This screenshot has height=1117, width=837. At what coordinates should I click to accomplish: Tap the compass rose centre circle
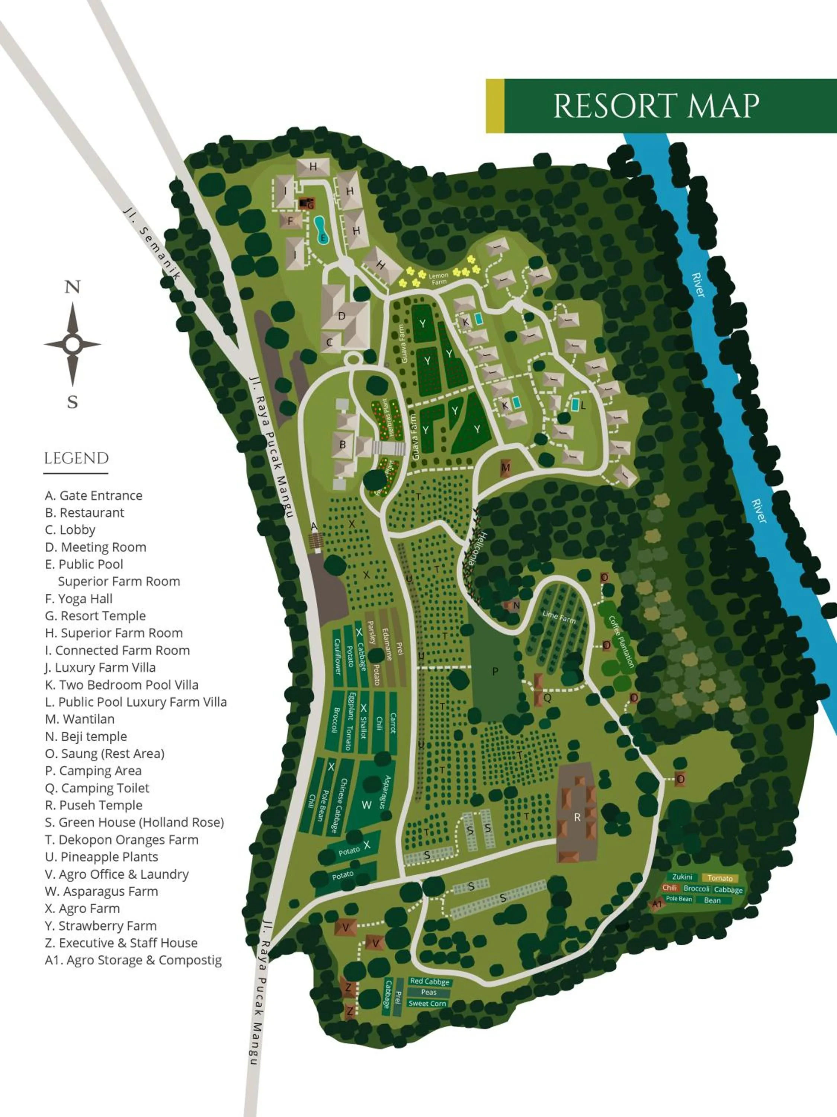(73, 344)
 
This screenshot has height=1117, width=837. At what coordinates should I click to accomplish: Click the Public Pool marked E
(321, 230)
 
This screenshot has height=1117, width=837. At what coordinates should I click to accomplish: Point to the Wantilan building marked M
(506, 468)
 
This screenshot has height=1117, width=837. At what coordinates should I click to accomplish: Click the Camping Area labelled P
(495, 671)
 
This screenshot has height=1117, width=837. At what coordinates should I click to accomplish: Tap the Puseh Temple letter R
(577, 817)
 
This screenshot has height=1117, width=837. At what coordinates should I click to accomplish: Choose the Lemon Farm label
(439, 278)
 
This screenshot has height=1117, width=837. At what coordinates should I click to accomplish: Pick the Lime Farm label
(558, 616)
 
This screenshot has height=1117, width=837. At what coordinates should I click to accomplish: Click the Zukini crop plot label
(682, 876)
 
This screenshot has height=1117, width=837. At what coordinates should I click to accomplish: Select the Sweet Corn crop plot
(427, 1003)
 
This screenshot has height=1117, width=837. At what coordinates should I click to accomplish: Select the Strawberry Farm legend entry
(100, 926)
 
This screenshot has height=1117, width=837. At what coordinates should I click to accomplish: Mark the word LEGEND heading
(76, 458)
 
